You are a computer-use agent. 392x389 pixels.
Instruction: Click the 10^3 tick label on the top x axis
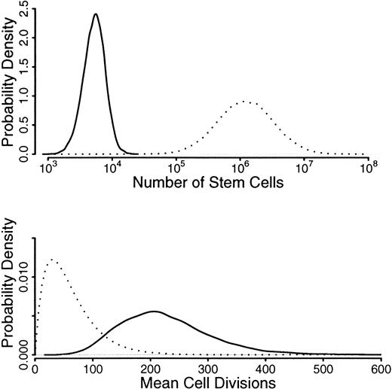(47, 166)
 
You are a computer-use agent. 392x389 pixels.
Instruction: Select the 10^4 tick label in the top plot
(112, 166)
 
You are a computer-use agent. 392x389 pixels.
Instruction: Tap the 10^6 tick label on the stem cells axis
(240, 166)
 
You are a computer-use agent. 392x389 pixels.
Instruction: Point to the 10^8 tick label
(368, 166)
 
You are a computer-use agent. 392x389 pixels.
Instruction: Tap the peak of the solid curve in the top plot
(96, 14)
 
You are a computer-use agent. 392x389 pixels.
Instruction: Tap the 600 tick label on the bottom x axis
(381, 366)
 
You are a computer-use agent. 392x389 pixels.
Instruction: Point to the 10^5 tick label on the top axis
(176, 166)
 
